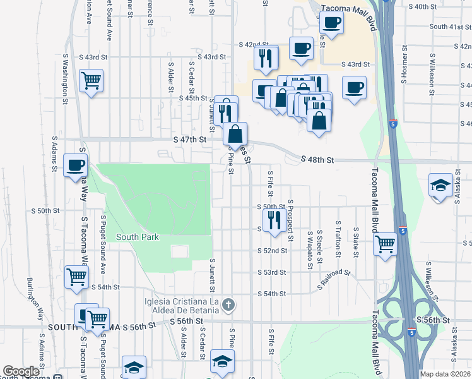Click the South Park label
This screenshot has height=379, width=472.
137,237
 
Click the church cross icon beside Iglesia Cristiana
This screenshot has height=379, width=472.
229,306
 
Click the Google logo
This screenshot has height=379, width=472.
21,371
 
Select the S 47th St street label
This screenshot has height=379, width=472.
190,139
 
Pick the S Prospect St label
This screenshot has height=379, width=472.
290,220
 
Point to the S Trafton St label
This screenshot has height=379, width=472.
339,239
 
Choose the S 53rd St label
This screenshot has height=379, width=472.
272,272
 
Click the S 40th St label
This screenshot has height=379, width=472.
423,6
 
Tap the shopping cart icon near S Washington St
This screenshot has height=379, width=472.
91,81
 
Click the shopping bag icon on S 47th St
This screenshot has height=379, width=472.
235,134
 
